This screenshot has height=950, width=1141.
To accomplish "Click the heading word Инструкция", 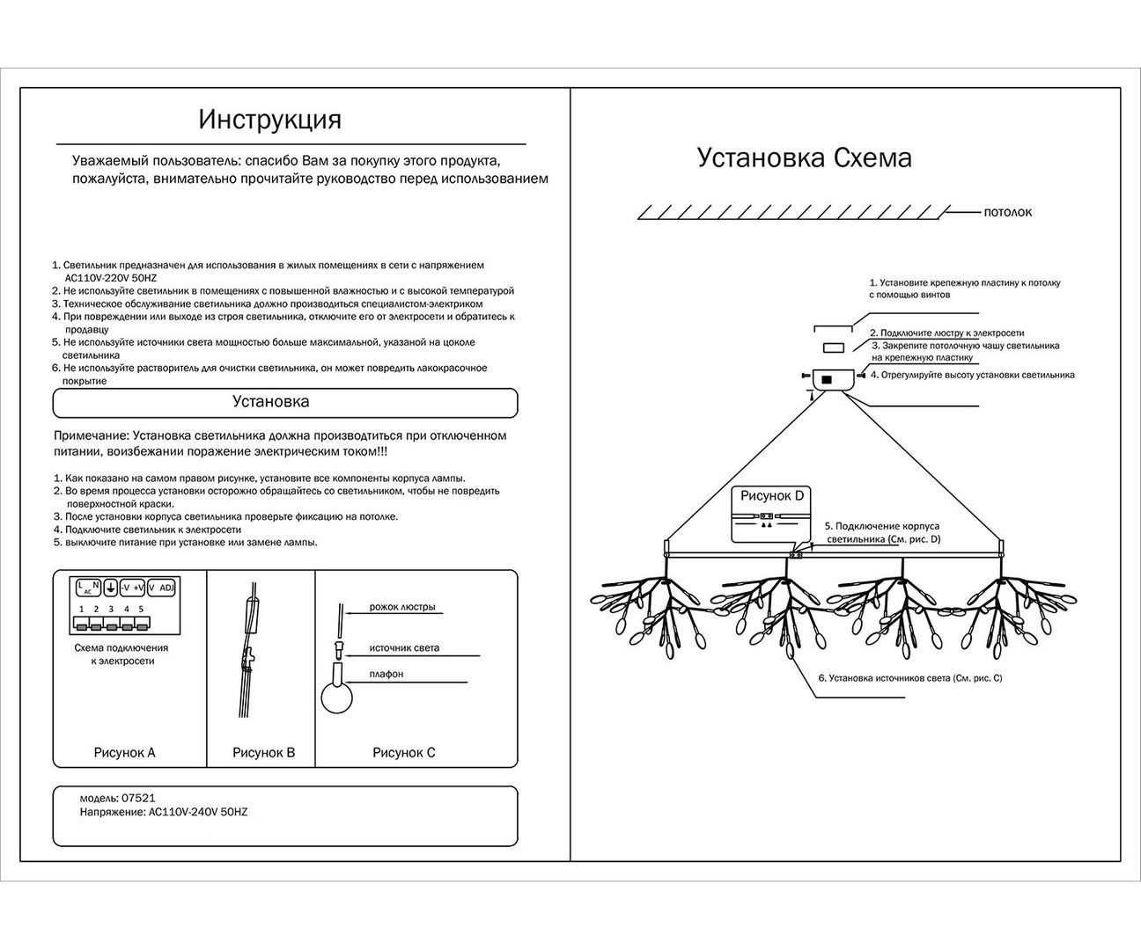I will pos(269,119).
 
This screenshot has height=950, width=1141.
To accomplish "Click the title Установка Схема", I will pos(804,158).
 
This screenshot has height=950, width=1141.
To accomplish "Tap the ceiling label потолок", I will pos(1007,213).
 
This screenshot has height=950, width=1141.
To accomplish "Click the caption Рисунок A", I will pos(124,753).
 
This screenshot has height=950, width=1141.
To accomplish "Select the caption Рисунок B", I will pos(263,753).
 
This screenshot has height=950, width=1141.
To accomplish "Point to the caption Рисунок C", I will pos(403,753).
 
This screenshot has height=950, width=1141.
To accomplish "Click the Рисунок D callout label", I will pos(771,496).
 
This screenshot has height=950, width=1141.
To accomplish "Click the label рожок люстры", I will pos(401,608).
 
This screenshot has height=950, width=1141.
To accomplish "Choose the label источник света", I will pos(404,648).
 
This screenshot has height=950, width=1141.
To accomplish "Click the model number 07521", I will pos(139,798).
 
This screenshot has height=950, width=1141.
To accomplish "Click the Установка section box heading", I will pos(270,402).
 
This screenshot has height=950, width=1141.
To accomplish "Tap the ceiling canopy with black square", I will pos(831,378).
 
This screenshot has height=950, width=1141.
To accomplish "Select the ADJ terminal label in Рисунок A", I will pos(166,588).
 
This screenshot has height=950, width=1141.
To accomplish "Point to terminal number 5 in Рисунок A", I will pos(141,609).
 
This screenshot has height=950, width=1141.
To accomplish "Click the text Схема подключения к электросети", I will pos(121,654).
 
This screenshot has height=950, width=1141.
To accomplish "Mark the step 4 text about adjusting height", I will pos(972,375).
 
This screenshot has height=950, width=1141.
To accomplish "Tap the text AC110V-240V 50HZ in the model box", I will pos(195,813).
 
